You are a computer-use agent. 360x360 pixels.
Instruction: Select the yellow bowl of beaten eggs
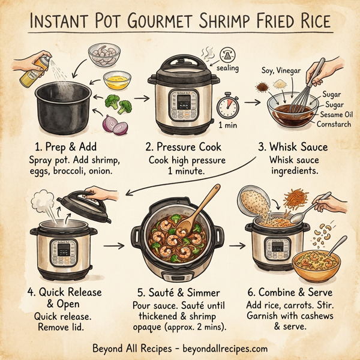pos(116,79)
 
